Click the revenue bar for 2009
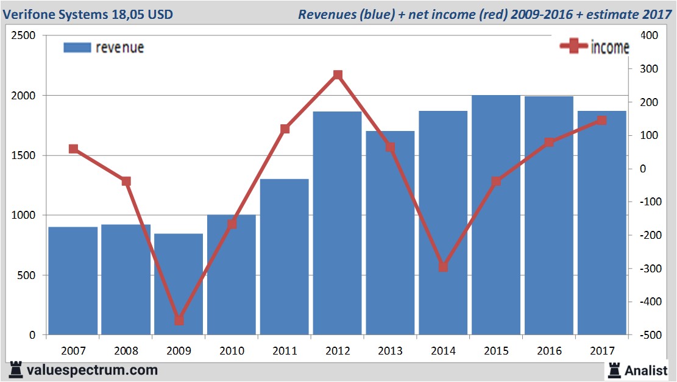pyautogui.click(x=179, y=285)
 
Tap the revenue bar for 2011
pyautogui.click(x=285, y=256)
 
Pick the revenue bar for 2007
pyautogui.click(x=73, y=281)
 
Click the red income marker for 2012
pyautogui.click(x=338, y=76)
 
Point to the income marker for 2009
pyautogui.click(x=179, y=320)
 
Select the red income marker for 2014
pyautogui.click(x=443, y=267)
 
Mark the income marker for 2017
pyautogui.click(x=601, y=121)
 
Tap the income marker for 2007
pyautogui.click(x=73, y=149)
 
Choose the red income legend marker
pyautogui.click(x=573, y=48)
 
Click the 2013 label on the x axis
pyautogui.click(x=390, y=351)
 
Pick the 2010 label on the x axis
pyautogui.click(x=232, y=351)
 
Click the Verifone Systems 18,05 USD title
pyautogui.click(x=88, y=14)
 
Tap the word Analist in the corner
pyautogui.click(x=646, y=370)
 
